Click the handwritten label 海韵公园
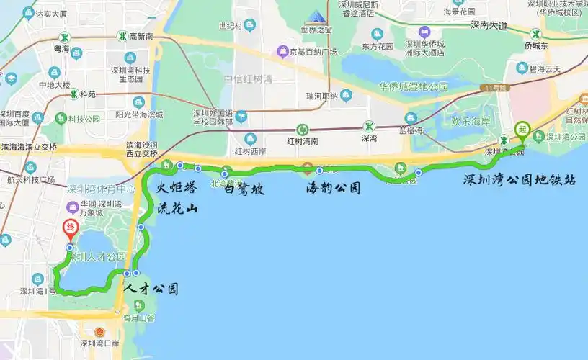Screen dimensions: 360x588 tap(333, 189)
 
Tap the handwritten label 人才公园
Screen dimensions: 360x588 tap(151, 289)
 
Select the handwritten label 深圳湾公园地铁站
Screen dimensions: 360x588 tap(520, 181)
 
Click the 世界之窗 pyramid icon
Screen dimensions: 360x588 tap(316, 17)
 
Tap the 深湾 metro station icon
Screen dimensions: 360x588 tap(369, 125)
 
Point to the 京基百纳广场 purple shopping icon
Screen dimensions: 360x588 tap(282, 52)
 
